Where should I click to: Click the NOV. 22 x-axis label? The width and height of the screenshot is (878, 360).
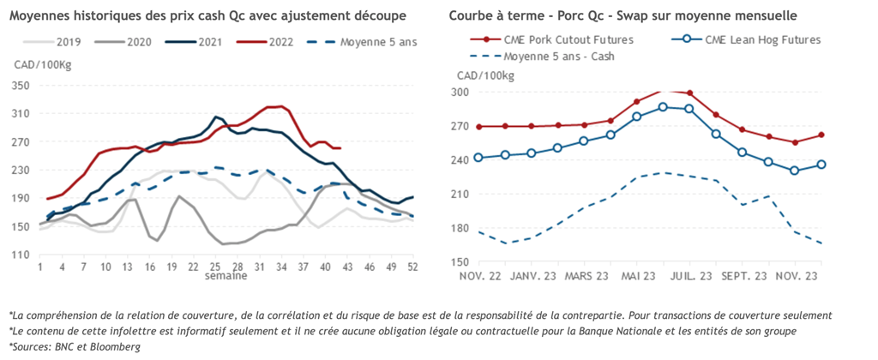pos(478,277)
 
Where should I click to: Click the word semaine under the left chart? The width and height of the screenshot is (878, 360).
pos(226,277)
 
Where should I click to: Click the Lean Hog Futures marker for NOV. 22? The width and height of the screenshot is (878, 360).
pos(478,158)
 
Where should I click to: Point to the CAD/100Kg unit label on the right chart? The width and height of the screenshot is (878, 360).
pos(486,75)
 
